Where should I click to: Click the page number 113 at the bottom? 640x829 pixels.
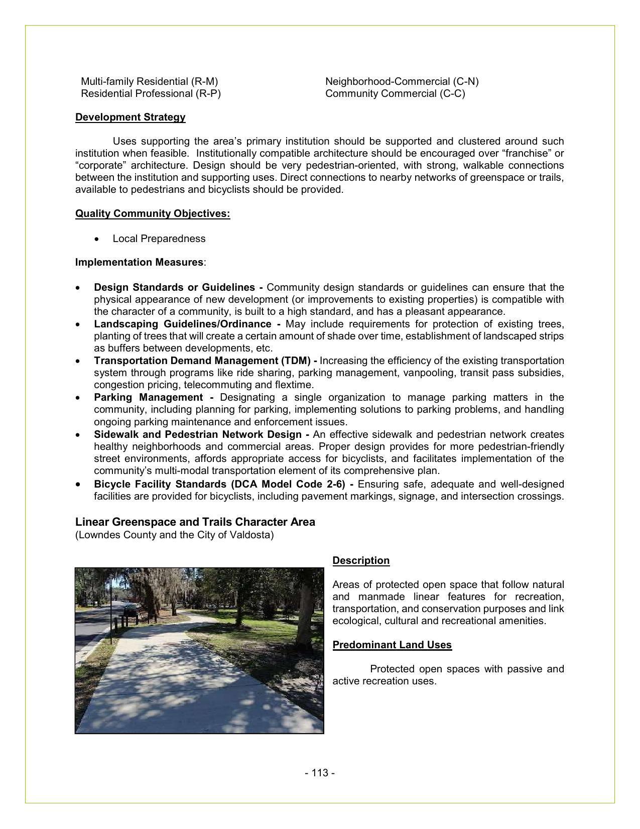coord(320,773)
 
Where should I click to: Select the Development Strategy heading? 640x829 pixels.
coord(130,117)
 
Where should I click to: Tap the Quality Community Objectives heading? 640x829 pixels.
coord(153,213)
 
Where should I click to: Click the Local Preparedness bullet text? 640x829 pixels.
coord(159,239)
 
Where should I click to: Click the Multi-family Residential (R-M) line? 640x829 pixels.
coord(150,81)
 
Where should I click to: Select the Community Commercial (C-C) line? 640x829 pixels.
coord(395,93)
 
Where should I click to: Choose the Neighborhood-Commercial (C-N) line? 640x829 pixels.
coord(402,81)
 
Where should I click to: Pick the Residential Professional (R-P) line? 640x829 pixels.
coord(151,93)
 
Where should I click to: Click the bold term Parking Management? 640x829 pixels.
coord(148,397)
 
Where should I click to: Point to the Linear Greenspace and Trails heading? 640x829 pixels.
coord(195,522)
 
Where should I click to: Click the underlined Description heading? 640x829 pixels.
coord(361,560)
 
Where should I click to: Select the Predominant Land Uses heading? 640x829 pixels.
coord(392,645)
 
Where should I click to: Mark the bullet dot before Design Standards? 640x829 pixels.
coord(78,288)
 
